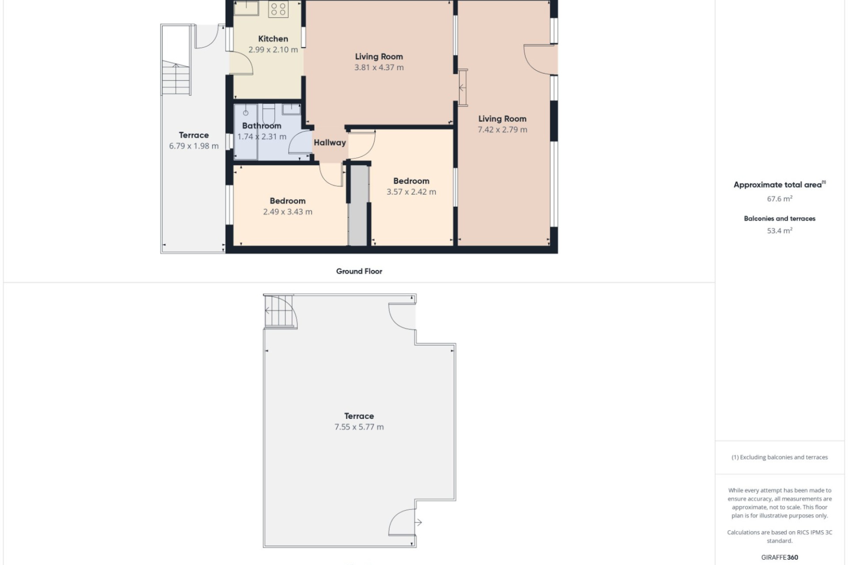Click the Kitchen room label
[x=273, y=39]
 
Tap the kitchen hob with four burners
[x=278, y=9]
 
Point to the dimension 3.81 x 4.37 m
[x=379, y=68]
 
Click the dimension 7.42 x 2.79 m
[x=502, y=130]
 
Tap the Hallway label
[x=329, y=143]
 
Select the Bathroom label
[x=261, y=126]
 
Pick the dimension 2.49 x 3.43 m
[x=288, y=212]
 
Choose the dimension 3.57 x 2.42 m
[x=411, y=192]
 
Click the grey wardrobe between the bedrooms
[x=358, y=205]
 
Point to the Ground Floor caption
[x=359, y=271]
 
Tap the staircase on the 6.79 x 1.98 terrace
[x=176, y=78]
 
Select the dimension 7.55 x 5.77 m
[x=359, y=427]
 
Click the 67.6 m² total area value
[x=780, y=199]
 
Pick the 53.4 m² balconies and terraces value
[x=780, y=230]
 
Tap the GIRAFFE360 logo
[x=780, y=557]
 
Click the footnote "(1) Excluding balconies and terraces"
[x=780, y=457]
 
